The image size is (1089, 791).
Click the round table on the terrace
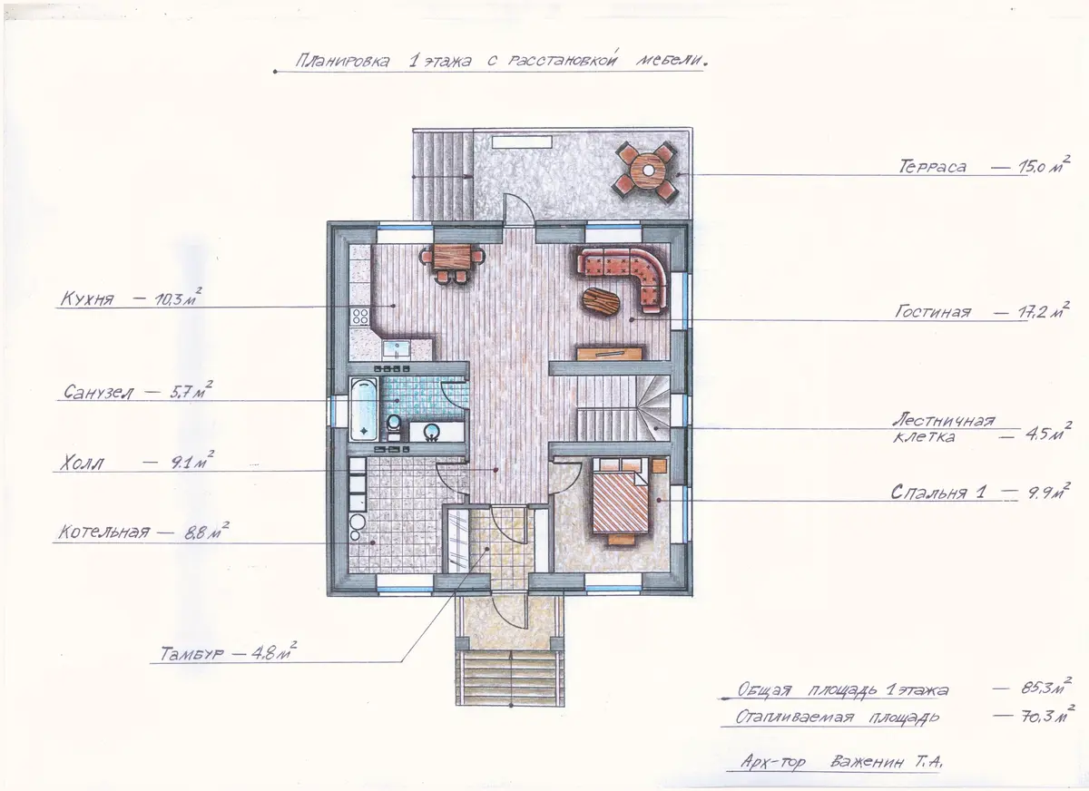(x=649, y=170)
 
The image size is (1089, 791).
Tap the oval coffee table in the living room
(x=602, y=304)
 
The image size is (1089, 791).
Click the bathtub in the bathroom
(x=364, y=409)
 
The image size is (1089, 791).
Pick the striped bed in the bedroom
(x=621, y=501)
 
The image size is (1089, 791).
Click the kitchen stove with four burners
(x=360, y=317)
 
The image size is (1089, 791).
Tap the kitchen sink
(x=397, y=349)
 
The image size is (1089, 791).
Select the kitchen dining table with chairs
(x=453, y=262)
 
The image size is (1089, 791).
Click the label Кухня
(x=87, y=298)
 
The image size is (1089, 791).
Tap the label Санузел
(x=98, y=392)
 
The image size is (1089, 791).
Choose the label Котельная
(x=104, y=532)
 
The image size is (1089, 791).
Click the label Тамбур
(x=191, y=653)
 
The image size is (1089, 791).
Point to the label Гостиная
(x=933, y=311)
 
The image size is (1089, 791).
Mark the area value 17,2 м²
(x=1044, y=311)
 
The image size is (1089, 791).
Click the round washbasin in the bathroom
(x=430, y=431)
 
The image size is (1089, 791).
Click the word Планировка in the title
(x=343, y=62)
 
